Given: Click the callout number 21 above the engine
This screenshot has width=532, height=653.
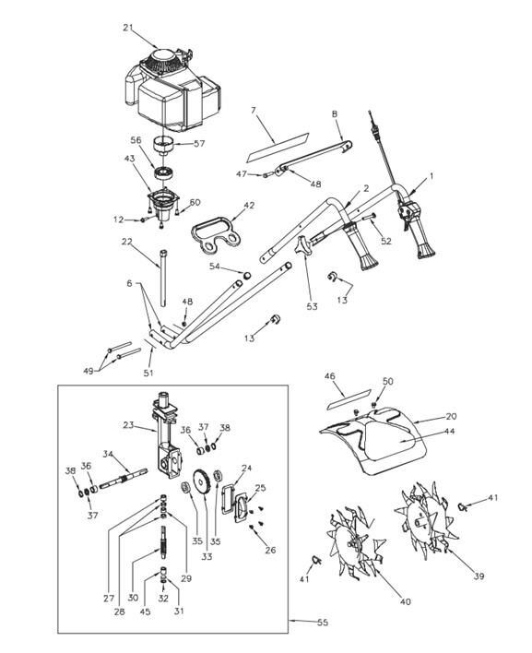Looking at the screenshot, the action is [x=128, y=28].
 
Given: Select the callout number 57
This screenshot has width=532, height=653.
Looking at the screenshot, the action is [x=199, y=143].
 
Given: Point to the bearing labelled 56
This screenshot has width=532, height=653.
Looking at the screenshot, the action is [x=164, y=172].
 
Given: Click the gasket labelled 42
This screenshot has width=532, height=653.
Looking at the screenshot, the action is [x=217, y=232].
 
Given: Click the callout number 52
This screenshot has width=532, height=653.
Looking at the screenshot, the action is [x=386, y=241].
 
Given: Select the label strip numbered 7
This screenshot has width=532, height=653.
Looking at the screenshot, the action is [x=278, y=148].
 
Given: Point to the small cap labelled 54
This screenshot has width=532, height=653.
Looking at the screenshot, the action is [x=247, y=275].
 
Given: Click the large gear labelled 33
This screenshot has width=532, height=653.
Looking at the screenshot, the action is [x=203, y=483].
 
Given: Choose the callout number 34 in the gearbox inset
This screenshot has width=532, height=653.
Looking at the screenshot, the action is [x=108, y=454].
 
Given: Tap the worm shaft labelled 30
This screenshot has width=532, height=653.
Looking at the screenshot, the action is [x=164, y=541].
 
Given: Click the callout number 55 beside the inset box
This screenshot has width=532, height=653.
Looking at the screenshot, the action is [x=323, y=623].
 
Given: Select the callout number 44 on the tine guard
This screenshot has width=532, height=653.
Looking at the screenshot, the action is [x=450, y=432].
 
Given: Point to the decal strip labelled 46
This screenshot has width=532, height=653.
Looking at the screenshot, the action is [x=349, y=399].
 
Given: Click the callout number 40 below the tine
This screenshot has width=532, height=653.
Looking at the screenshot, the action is [x=405, y=601].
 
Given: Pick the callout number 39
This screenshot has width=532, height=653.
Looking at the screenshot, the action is [x=479, y=576].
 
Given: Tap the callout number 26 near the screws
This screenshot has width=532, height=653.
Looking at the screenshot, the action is [x=270, y=550].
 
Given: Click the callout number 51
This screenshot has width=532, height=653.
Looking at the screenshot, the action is [x=148, y=373].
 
